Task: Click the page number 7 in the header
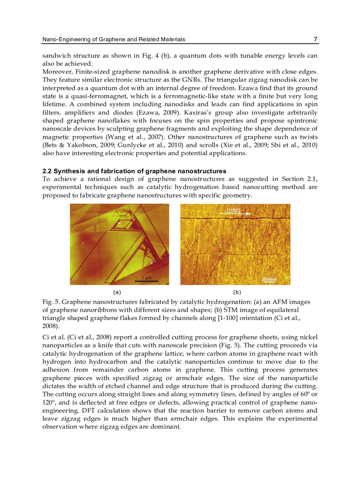(315, 39)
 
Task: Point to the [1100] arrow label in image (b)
(233, 211)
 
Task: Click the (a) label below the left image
(117, 292)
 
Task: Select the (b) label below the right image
(237, 292)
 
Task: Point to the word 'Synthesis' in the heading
(68, 171)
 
